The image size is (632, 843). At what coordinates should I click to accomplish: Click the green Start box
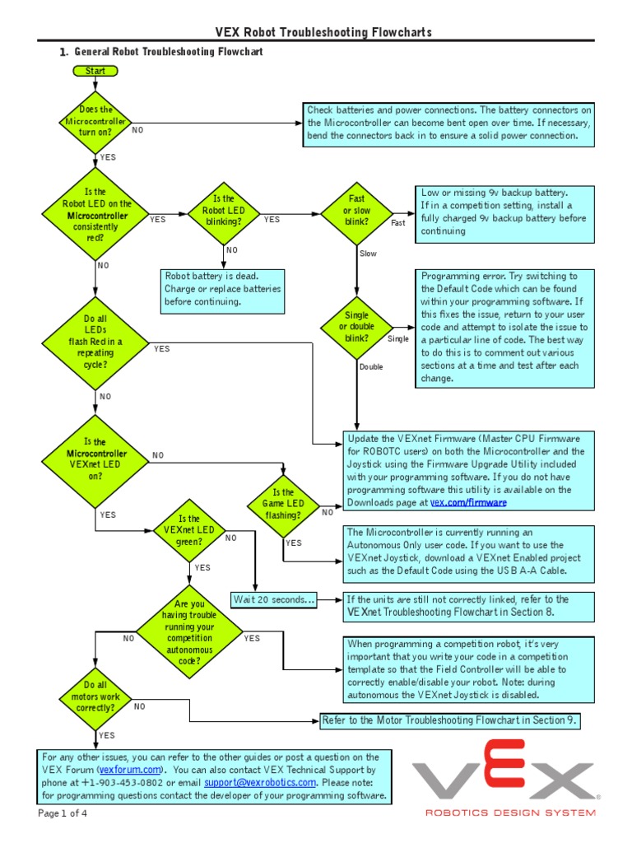[x=95, y=71]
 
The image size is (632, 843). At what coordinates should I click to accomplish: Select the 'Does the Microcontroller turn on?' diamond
[x=95, y=121]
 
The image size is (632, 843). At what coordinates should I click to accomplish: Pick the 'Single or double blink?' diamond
[x=356, y=326]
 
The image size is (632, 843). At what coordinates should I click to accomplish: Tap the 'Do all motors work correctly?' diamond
[x=95, y=696]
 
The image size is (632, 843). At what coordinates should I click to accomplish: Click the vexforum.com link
[x=127, y=770]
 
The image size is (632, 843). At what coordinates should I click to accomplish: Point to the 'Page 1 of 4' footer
[x=63, y=814]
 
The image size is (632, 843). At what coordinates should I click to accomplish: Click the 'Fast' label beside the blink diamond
[x=397, y=223]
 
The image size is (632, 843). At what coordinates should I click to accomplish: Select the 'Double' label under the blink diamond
[x=371, y=366]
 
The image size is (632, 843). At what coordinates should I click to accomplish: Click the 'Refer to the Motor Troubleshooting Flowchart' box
[x=450, y=720]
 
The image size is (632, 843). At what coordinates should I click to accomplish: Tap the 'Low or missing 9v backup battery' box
[x=504, y=212]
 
